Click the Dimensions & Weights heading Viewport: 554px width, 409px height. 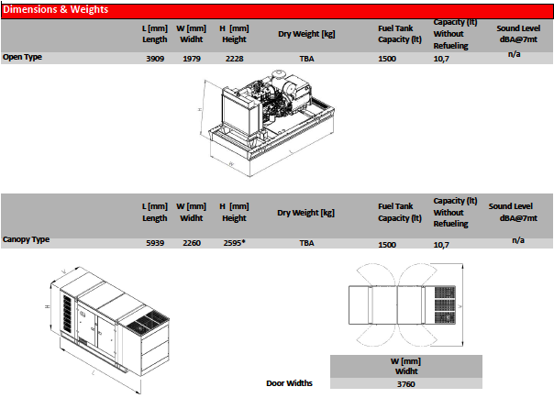(55, 10)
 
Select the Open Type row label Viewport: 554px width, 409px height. (23, 57)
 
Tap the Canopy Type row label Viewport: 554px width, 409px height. (26, 239)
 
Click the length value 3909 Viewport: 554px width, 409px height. (155, 59)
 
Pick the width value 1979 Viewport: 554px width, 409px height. (191, 59)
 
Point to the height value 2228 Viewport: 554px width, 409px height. (234, 59)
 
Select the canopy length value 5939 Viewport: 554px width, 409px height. (155, 244)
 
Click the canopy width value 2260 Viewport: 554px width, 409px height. (191, 244)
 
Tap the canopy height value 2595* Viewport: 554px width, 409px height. (235, 244)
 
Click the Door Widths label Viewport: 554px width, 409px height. (289, 383)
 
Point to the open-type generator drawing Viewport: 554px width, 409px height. (271, 117)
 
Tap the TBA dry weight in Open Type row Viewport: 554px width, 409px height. (306, 59)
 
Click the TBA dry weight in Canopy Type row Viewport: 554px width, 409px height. (306, 244)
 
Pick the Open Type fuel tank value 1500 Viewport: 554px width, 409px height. (387, 59)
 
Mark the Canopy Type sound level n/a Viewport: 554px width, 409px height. (517, 239)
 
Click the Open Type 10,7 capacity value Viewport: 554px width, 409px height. (440, 59)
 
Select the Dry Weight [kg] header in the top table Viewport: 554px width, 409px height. (306, 34)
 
